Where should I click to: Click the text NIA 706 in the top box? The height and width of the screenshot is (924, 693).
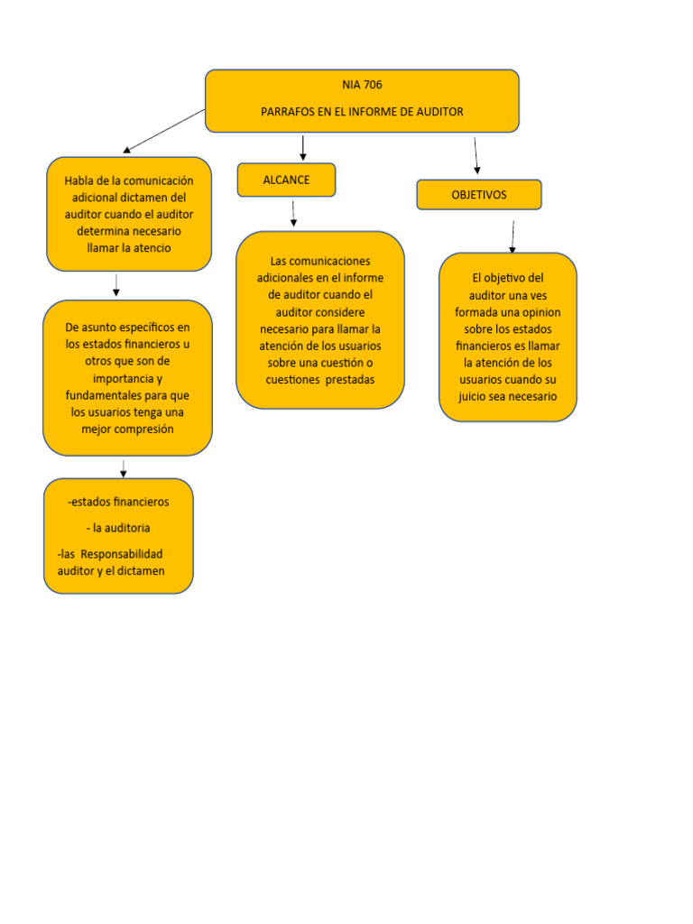(x=362, y=86)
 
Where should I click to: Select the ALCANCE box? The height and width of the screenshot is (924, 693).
(x=286, y=180)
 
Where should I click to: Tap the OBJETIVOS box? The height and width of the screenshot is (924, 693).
(x=479, y=195)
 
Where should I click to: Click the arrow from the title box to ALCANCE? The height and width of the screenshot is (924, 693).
(x=303, y=148)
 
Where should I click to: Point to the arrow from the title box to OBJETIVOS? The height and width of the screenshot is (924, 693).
(x=476, y=155)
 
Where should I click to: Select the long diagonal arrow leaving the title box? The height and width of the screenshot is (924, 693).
(x=164, y=131)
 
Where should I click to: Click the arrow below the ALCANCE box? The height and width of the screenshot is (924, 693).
(x=294, y=213)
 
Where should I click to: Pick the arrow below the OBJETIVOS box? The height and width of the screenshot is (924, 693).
(x=513, y=236)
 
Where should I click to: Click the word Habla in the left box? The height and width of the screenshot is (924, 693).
(x=79, y=180)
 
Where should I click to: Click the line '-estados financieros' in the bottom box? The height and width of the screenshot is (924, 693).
(x=118, y=502)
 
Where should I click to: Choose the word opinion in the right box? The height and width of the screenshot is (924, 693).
(x=538, y=312)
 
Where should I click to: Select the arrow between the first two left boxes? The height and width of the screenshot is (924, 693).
(x=116, y=285)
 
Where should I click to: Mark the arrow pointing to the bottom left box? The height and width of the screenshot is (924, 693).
(x=124, y=467)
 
